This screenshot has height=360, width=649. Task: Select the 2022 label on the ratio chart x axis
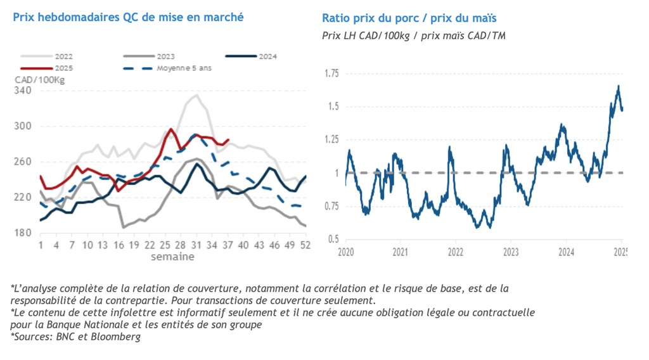tap(456, 252)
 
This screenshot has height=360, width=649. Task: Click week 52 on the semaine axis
tap(305, 245)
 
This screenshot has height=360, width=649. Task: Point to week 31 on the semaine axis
tap(196, 245)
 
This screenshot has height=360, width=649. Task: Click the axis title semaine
tap(172, 257)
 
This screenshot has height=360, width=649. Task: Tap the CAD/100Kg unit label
tap(39, 80)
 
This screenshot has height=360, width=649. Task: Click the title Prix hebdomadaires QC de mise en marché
tap(128, 17)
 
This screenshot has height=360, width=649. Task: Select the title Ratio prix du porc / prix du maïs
tap(409, 18)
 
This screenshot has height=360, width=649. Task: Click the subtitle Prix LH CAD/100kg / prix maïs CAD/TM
tap(413, 35)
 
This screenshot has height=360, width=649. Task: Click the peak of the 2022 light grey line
tap(196, 96)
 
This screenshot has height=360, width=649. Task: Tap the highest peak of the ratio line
tap(618, 86)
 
